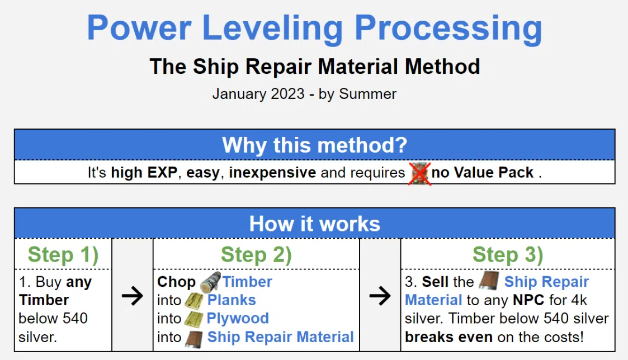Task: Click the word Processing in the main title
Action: point(448,29)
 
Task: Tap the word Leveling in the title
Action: point(272,29)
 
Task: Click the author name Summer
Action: point(367,94)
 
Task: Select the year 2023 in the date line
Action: point(287,94)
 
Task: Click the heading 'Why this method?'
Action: point(314,145)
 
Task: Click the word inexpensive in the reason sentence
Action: point(272,173)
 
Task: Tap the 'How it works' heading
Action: point(314,224)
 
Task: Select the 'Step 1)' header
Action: point(63,255)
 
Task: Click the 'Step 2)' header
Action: point(256,255)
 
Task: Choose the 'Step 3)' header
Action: point(507,255)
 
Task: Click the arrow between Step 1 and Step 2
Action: point(132,296)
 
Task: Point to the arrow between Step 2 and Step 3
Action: point(380,296)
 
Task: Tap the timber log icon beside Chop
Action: point(210,282)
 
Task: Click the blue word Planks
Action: point(232,300)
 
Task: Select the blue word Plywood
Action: point(238,318)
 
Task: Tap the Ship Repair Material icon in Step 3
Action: point(489,281)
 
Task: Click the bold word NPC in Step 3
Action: point(528,300)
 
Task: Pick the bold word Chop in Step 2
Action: point(176,282)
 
